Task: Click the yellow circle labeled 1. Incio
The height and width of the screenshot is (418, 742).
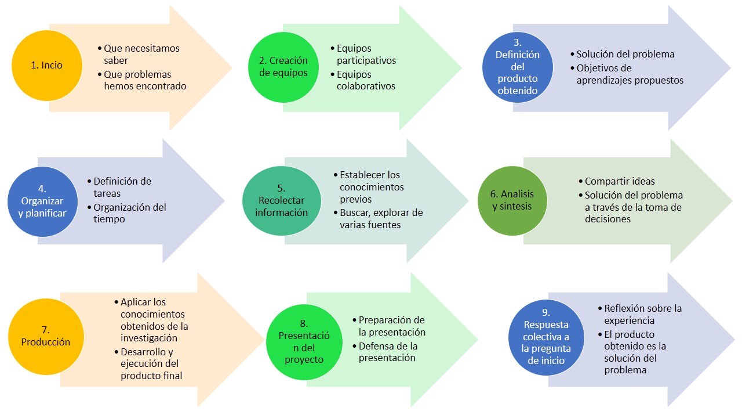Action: pos(47,66)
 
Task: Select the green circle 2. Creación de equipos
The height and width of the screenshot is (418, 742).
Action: pos(283,67)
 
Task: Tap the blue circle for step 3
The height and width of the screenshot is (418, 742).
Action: pos(518,67)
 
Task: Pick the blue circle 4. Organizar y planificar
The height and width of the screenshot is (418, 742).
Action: pos(42,201)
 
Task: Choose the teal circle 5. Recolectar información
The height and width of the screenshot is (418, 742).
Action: pos(282,201)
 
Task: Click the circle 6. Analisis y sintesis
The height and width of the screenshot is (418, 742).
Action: pos(512,201)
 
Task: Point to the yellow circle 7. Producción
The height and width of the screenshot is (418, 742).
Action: pos(46,336)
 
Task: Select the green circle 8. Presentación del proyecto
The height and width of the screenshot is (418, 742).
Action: pos(304,342)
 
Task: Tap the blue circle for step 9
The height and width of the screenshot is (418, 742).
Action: pos(546,337)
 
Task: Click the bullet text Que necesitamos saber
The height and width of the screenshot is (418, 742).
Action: pos(141,54)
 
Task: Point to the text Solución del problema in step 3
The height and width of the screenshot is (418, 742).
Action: pos(625,54)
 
